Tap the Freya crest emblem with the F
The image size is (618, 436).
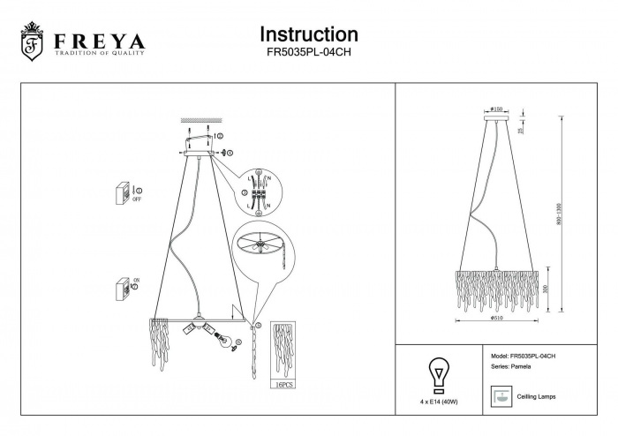pyautogui.click(x=33, y=43)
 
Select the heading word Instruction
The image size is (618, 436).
pyautogui.click(x=308, y=34)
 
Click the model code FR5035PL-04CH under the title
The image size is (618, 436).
pyautogui.click(x=308, y=52)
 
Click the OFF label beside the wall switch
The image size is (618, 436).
pyautogui.click(x=137, y=199)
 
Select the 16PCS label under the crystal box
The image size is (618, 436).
pyautogui.click(x=283, y=386)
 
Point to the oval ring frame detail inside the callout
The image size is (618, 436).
pyautogui.click(x=264, y=244)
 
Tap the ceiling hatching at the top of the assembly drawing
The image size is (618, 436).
pyautogui.click(x=199, y=120)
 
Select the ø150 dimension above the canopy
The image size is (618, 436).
pyautogui.click(x=496, y=109)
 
